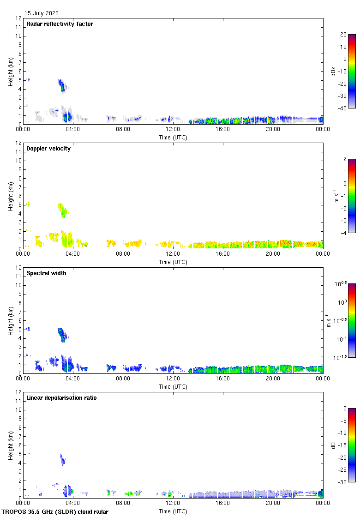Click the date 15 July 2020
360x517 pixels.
[x=42, y=13]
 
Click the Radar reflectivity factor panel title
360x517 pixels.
[x=60, y=24]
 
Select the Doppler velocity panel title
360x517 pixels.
[x=48, y=149]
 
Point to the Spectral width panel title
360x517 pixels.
[x=47, y=273]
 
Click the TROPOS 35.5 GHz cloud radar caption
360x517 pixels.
[x=55, y=512]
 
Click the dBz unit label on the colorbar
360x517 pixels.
[x=333, y=71]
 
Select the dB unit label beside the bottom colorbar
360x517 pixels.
[x=333, y=445]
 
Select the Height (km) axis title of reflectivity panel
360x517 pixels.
[x=11, y=71]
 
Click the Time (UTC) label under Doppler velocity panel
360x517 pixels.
[x=173, y=262]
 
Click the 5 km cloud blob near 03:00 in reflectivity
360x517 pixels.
[x=62, y=85]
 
